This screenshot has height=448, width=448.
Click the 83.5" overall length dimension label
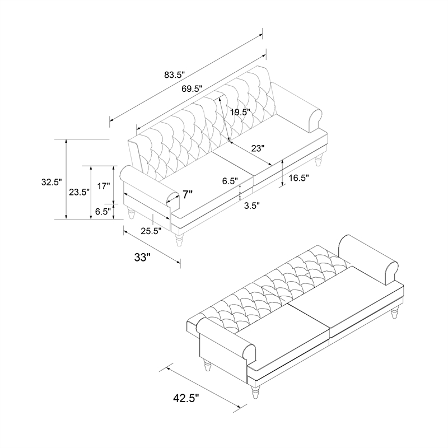175,75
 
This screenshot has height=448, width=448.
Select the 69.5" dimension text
192,88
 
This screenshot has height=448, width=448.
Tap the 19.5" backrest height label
241,112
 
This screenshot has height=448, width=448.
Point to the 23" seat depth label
258,148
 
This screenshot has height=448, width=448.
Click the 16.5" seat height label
299,178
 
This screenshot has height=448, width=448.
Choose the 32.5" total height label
52,182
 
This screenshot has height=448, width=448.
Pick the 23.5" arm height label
80,192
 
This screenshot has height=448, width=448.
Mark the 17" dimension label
104,186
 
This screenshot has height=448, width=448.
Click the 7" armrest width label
188,194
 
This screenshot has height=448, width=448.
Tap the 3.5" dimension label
251,206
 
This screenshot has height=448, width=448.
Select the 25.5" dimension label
151,231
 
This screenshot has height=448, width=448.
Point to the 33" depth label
142,258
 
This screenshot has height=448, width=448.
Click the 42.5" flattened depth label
186,398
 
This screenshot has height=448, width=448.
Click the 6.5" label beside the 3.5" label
230,181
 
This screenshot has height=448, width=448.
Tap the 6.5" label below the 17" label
103,212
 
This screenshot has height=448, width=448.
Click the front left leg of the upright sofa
179,240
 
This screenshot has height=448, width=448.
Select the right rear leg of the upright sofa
319,160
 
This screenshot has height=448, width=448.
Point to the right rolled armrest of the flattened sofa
368,259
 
